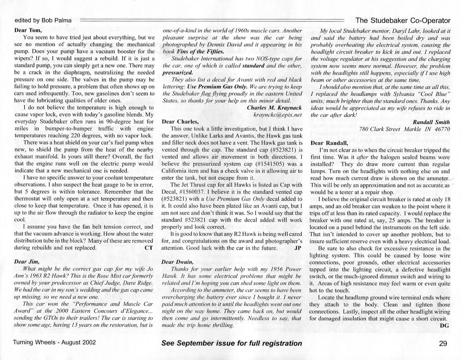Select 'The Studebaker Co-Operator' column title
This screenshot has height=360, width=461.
(403, 20)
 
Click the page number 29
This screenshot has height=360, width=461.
(443, 343)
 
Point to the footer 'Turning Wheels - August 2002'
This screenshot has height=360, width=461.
(54, 342)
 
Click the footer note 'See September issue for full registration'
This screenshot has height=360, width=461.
(231, 343)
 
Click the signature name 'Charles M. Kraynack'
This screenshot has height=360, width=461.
(274, 108)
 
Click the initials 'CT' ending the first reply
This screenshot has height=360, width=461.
(149, 248)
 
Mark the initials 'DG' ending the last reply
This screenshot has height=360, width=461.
(444, 325)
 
